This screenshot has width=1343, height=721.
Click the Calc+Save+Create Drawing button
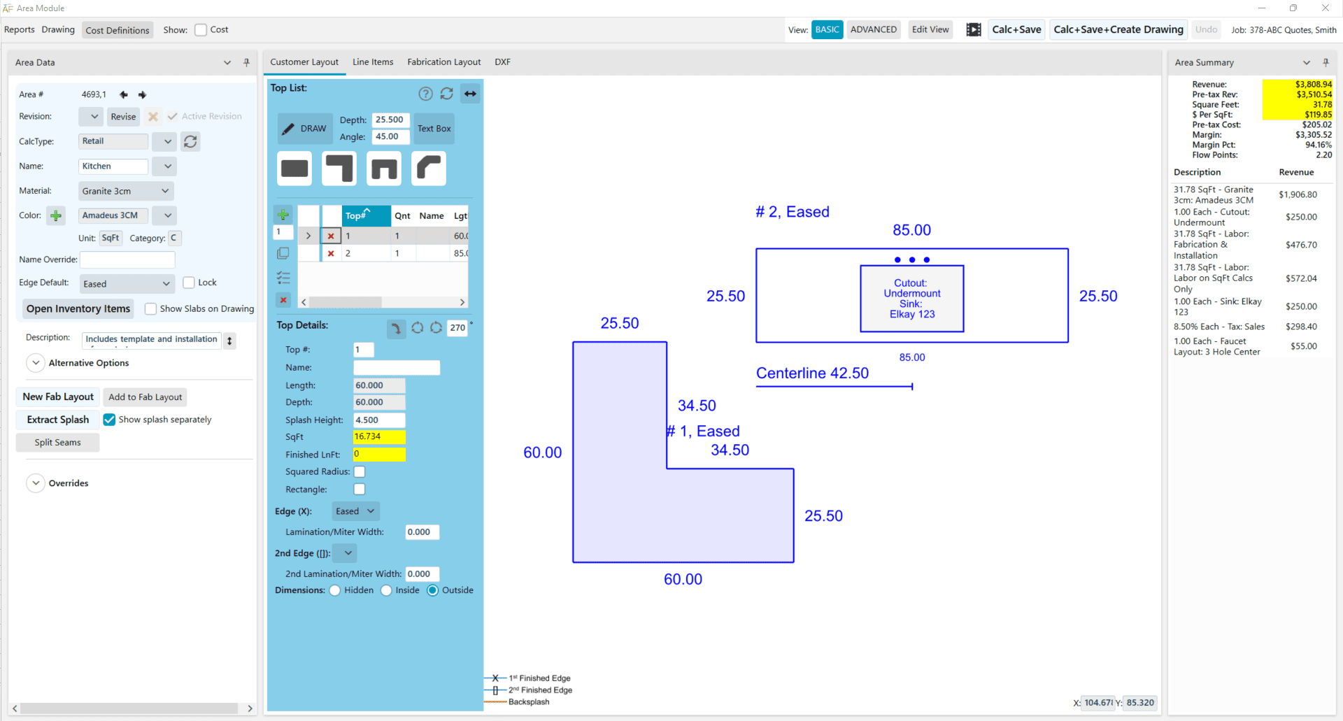coord(1118,29)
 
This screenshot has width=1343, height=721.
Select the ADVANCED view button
coord(873,29)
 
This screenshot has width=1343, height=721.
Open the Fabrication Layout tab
coord(443,62)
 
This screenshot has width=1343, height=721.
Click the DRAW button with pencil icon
coord(305,129)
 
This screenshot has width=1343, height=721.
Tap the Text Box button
coord(434,129)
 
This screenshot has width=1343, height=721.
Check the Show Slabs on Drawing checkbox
coord(150,308)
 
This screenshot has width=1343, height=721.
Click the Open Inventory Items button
coord(78,308)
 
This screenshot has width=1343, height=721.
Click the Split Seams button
coord(57,442)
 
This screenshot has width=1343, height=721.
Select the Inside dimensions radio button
coord(386,590)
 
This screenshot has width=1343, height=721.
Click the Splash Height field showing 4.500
coord(378,420)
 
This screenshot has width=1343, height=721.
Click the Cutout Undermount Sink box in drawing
coord(911,299)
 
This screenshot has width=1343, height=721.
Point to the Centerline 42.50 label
coord(812,373)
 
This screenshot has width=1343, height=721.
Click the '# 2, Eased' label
coord(792,212)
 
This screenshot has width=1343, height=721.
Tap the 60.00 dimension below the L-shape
coord(683,579)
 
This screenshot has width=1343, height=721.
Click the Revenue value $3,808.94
coord(1313,84)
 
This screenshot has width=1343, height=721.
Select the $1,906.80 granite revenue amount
coord(1298,194)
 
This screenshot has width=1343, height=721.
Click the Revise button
coord(123,116)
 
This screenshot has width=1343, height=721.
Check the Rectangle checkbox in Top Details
coord(360,489)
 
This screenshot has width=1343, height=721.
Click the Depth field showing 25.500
coord(390,120)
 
